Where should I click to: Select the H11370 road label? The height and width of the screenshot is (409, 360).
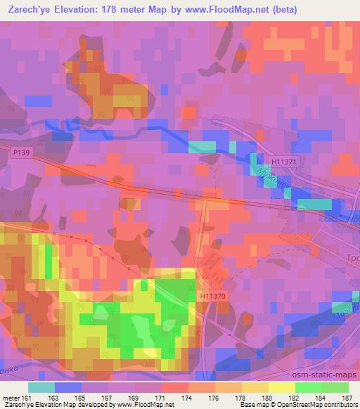(x=212, y=297)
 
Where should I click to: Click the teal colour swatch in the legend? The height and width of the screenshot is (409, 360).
(x=41, y=387)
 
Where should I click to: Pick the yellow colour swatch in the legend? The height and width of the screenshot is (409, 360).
(x=281, y=387)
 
